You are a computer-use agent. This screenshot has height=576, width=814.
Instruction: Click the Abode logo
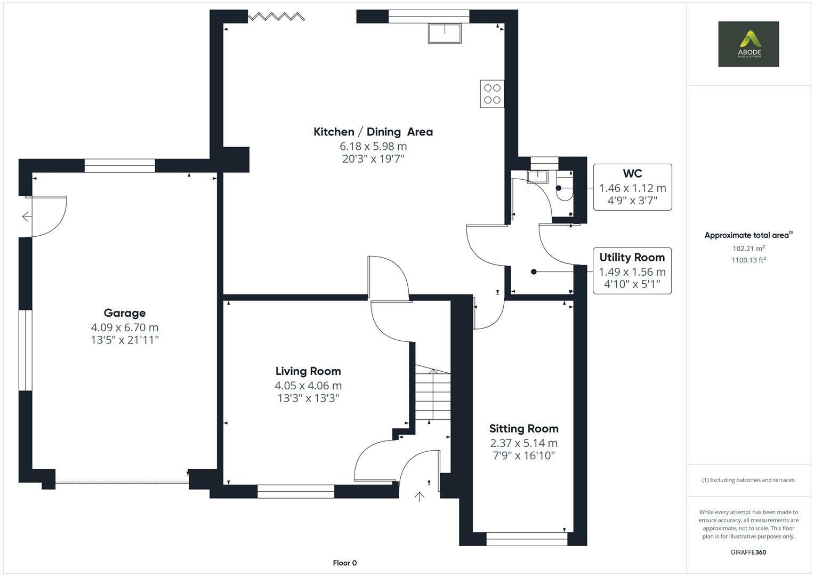click(x=748, y=44)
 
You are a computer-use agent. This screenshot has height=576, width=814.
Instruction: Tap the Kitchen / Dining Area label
click(x=373, y=132)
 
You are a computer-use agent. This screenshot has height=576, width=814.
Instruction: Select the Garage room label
click(x=125, y=313)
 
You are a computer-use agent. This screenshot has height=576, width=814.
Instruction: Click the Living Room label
click(x=308, y=371)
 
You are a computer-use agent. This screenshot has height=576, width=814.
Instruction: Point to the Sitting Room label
click(x=523, y=429)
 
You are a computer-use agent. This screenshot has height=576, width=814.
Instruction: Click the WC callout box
click(x=632, y=187)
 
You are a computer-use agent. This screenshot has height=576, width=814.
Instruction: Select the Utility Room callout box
click(x=632, y=271)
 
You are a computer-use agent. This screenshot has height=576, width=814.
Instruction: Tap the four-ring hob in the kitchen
click(x=492, y=94)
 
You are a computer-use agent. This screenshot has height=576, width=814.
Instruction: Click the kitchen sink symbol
click(x=445, y=33)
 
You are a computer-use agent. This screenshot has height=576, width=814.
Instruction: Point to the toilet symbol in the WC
click(x=564, y=189)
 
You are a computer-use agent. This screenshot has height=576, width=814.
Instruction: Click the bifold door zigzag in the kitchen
click(x=276, y=17)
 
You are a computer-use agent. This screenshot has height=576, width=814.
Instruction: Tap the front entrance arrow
click(x=420, y=497)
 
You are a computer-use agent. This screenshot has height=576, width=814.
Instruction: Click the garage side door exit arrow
click(x=26, y=217)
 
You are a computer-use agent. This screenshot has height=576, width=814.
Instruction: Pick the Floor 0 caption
click(x=344, y=563)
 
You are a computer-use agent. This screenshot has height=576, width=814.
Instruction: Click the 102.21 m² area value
click(x=748, y=249)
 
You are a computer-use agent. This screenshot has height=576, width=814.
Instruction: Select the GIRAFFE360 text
click(x=748, y=552)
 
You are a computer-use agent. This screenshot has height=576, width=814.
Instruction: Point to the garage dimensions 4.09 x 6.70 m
click(x=125, y=327)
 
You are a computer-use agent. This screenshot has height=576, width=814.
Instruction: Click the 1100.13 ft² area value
click(x=748, y=260)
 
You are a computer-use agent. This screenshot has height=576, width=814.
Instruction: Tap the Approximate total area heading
click(x=748, y=235)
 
